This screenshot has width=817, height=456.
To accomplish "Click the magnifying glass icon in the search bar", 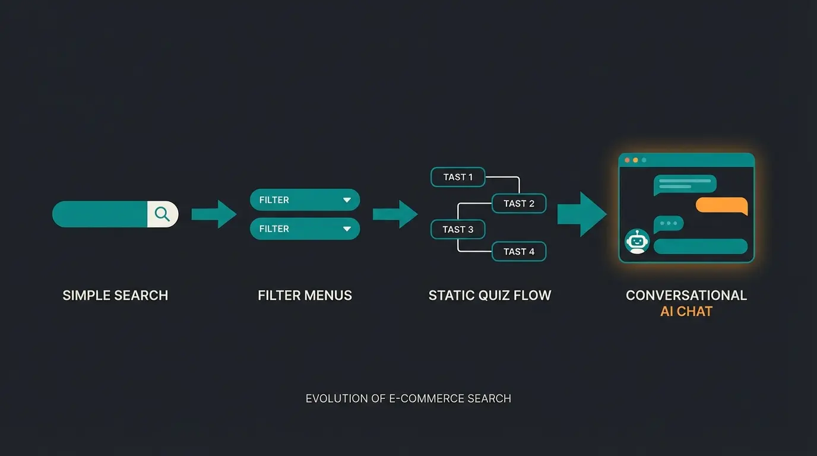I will pyautogui.click(x=162, y=214).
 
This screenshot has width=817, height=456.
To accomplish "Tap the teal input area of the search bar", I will pyautogui.click(x=100, y=214).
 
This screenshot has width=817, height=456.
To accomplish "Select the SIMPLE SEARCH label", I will pyautogui.click(x=115, y=296).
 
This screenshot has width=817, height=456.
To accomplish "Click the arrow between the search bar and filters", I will pyautogui.click(x=214, y=214).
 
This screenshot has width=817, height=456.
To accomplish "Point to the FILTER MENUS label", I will pyautogui.click(x=305, y=296).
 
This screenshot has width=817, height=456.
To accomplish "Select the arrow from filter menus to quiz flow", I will pyautogui.click(x=395, y=214).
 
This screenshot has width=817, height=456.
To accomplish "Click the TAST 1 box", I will pyautogui.click(x=458, y=177).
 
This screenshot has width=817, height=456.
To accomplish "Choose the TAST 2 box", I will pyautogui.click(x=519, y=204).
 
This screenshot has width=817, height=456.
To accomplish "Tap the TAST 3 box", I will pyautogui.click(x=458, y=230).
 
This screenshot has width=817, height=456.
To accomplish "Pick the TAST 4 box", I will pyautogui.click(x=519, y=252).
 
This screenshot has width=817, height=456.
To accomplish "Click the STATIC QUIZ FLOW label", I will pyautogui.click(x=490, y=296).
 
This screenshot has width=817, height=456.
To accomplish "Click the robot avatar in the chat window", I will pyautogui.click(x=637, y=241).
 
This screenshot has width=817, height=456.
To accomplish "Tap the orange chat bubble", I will pyautogui.click(x=721, y=205).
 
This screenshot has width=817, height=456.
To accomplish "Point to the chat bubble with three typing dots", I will pyautogui.click(x=669, y=224).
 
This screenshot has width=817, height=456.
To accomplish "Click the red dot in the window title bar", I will pyautogui.click(x=627, y=160).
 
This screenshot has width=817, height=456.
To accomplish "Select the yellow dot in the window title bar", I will pyautogui.click(x=635, y=160).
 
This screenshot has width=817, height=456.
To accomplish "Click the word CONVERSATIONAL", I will pyautogui.click(x=686, y=296).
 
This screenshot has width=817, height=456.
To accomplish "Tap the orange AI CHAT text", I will pyautogui.click(x=686, y=312).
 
